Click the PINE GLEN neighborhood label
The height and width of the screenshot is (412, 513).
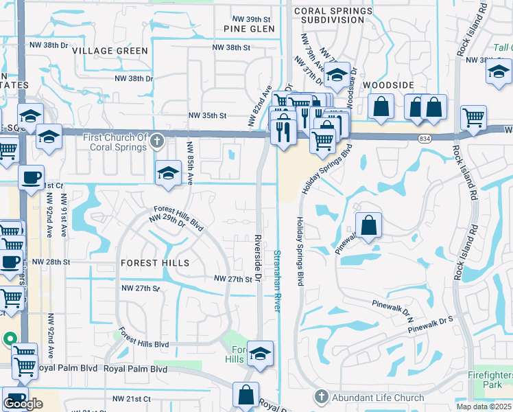(249, 29)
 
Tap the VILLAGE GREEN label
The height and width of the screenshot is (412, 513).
(110, 51)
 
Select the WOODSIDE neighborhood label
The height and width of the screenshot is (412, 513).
(389, 84)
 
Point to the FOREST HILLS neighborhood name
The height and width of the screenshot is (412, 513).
(154, 263)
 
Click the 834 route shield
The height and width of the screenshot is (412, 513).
(425, 139)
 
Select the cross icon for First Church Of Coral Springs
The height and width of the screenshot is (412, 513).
(157, 141)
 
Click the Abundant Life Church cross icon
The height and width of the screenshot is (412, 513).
(320, 397)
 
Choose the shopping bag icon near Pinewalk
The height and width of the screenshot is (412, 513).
(368, 225)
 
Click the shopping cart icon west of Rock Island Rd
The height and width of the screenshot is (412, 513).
(473, 118)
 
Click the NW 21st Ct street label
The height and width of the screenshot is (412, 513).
(131, 399)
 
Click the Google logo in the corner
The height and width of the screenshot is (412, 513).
(23, 404)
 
